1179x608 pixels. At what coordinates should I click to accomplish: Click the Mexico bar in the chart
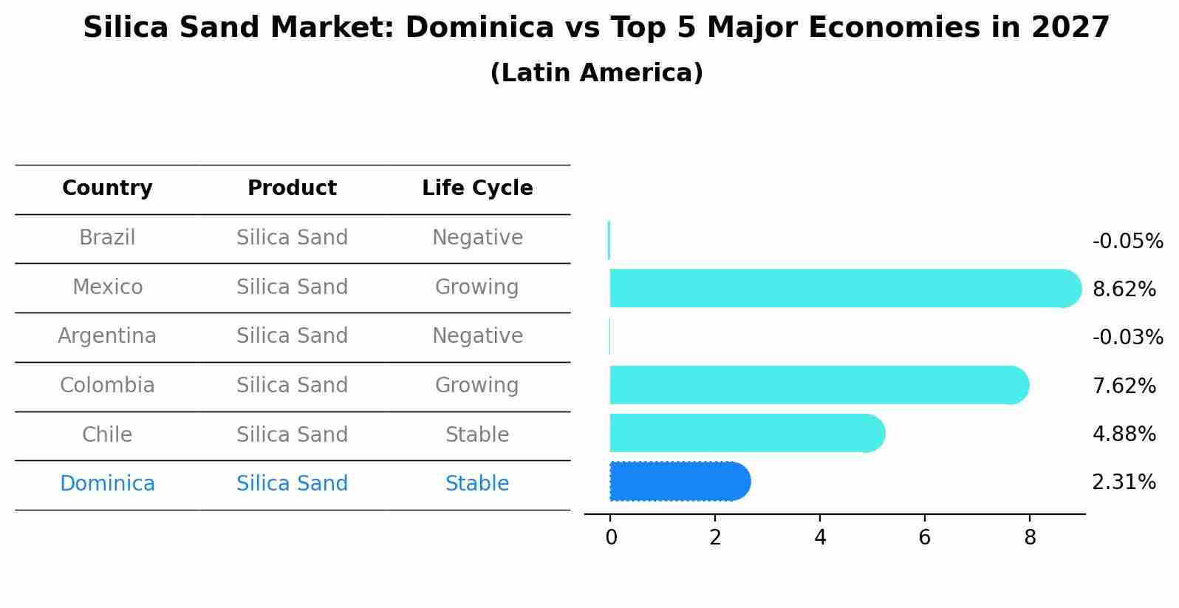(842, 288)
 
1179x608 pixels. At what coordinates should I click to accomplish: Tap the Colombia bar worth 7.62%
(816, 385)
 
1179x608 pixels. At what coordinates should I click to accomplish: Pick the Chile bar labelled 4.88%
(746, 433)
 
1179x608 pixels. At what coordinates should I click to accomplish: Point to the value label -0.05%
(1127, 242)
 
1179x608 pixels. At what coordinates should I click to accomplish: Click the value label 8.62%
(1124, 290)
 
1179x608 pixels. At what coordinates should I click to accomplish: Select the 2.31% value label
(1124, 482)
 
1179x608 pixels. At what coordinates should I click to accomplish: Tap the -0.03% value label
(1127, 338)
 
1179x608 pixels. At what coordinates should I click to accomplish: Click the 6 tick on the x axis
(924, 538)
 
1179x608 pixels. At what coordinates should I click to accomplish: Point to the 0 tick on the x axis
(611, 538)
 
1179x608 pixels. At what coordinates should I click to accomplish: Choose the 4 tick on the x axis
(820, 538)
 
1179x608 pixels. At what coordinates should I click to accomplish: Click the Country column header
(107, 188)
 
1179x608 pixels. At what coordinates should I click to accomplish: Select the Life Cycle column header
(477, 188)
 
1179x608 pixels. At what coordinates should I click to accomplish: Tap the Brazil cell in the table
(107, 238)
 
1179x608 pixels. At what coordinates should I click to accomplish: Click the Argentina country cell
(107, 336)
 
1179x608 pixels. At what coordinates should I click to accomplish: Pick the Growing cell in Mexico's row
(477, 287)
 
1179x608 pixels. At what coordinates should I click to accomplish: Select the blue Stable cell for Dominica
(477, 484)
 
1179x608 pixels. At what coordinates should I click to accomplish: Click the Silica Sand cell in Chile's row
(292, 435)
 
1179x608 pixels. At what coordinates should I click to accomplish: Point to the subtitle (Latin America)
(596, 73)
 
